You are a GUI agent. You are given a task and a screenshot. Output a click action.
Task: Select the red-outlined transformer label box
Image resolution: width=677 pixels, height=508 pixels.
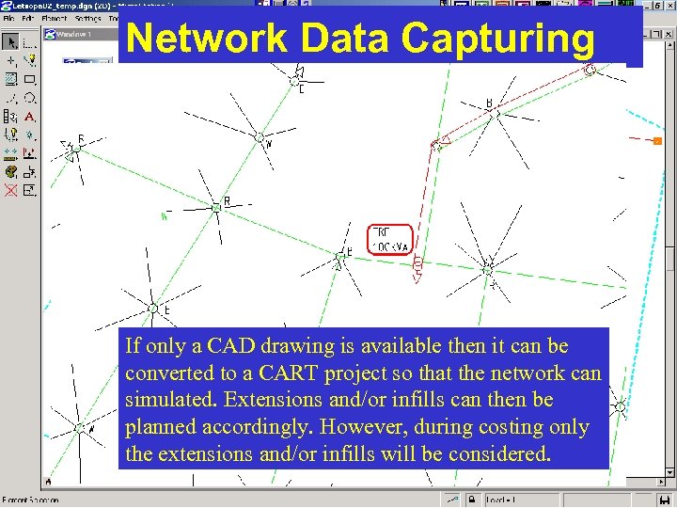390,239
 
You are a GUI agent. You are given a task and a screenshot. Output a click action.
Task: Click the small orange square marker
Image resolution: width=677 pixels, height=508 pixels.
657,141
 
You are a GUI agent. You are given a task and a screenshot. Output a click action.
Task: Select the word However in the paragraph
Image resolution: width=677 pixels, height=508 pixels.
354,427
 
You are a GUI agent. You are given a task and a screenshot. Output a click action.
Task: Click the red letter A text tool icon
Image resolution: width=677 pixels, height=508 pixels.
29,117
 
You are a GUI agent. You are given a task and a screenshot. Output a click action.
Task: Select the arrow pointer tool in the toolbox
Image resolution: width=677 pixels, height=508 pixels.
10,42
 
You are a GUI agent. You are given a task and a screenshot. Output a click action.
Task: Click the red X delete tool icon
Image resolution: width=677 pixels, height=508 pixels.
10,190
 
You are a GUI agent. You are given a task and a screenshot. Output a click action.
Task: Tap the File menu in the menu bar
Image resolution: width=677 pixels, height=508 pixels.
9,18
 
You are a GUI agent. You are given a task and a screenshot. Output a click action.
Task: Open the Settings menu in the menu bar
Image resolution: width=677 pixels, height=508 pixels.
87,18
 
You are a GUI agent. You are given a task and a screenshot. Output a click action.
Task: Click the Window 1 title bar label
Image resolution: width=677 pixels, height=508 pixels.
76,35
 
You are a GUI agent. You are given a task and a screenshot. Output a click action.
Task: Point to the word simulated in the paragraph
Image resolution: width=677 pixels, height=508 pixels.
166,400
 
